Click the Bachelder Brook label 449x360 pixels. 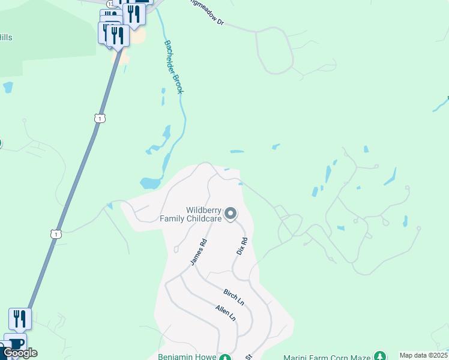coord(174,67)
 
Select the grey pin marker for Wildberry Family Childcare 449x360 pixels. coord(230,214)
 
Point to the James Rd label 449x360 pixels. coord(198,253)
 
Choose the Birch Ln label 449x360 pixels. coord(234,295)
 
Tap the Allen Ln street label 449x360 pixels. coord(226,312)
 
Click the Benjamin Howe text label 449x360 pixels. coord(186,356)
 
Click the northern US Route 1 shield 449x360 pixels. coord(100,118)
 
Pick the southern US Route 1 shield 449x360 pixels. coord(56,233)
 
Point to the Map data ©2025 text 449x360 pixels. coord(423,355)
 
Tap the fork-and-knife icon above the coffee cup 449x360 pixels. coord(20,319)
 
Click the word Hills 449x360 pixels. coord(6,37)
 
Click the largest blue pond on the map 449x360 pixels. coord(149,183)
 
